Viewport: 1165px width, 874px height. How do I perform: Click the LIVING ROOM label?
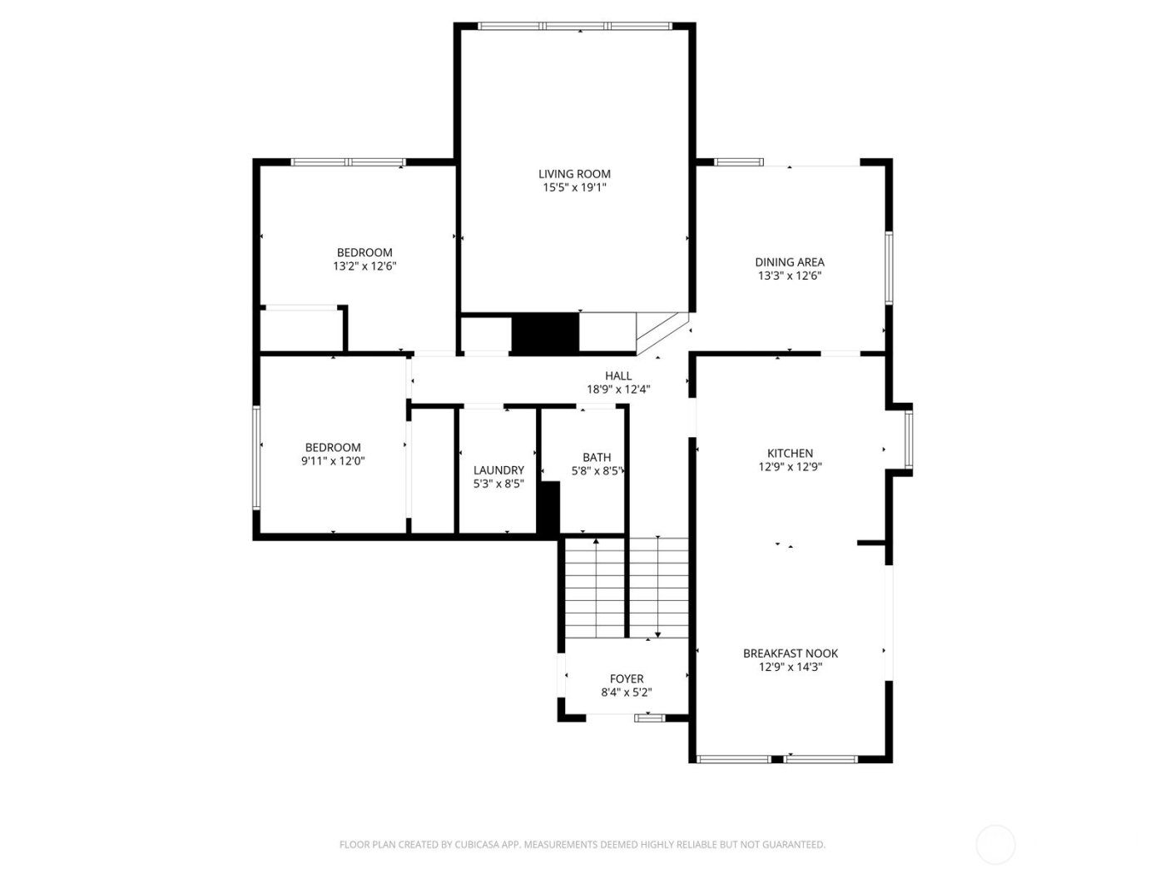click(x=574, y=174)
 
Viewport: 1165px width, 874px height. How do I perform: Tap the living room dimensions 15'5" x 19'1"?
click(x=574, y=188)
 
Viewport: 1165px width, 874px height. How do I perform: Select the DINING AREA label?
click(x=790, y=262)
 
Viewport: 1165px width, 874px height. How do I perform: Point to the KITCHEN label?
click(x=790, y=454)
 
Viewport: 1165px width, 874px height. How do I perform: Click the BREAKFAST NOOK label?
click(x=790, y=653)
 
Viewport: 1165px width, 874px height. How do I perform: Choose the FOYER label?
click(x=627, y=679)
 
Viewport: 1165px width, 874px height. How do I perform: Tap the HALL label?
click(x=618, y=376)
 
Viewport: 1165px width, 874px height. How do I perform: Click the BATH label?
click(x=597, y=457)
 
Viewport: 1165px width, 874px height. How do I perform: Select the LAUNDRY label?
click(x=498, y=470)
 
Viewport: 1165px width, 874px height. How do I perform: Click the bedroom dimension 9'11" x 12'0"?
click(x=333, y=460)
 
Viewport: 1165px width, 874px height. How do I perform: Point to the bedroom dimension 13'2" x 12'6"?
click(x=364, y=266)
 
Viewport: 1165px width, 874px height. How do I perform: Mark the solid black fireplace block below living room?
click(x=545, y=334)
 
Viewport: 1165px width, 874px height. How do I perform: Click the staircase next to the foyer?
click(x=627, y=588)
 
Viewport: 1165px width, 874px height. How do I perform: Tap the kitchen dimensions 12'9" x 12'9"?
click(x=790, y=467)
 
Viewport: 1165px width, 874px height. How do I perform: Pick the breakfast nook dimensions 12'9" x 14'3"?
click(x=790, y=667)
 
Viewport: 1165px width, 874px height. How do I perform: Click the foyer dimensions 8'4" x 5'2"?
click(x=627, y=693)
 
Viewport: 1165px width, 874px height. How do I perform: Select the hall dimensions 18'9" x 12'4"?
click(x=618, y=390)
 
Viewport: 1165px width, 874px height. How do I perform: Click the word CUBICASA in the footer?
click(x=476, y=845)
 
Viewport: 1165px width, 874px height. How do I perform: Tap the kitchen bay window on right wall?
click(x=909, y=439)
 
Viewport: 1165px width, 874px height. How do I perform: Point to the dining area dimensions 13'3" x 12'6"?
click(x=790, y=276)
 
